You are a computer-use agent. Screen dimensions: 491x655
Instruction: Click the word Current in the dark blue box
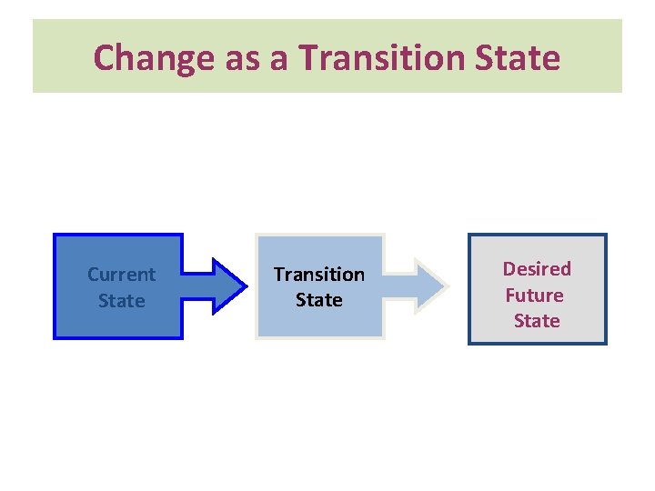coord(121,274)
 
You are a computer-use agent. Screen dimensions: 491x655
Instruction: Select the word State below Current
coord(121,300)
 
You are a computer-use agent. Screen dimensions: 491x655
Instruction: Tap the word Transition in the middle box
coord(318,274)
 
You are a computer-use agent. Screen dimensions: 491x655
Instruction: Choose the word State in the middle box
coord(318,300)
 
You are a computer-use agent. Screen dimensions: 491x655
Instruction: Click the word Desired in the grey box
coord(537,268)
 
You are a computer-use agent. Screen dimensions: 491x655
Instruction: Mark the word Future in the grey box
coord(534,295)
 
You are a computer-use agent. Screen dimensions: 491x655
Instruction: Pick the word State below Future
coord(537,321)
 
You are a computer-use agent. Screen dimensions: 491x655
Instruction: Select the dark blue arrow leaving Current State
coord(216,286)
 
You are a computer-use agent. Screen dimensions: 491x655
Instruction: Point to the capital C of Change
coord(105,58)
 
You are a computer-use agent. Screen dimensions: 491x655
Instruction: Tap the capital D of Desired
coord(509,268)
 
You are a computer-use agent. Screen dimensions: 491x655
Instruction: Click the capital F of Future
coord(510,295)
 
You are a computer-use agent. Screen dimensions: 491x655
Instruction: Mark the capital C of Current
coord(93,274)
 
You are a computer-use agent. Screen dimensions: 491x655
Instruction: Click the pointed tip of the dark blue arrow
coord(245,286)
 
